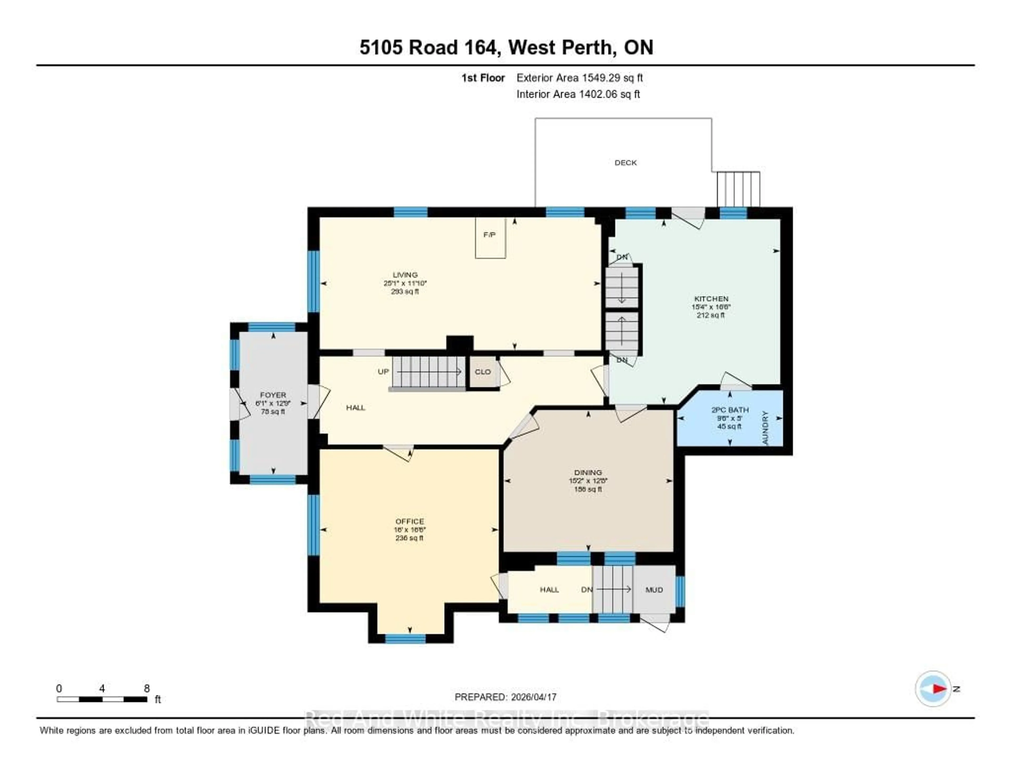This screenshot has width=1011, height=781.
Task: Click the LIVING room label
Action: [405, 275]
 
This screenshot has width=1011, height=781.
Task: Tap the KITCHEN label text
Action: [711, 299]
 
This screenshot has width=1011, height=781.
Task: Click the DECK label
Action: [625, 162]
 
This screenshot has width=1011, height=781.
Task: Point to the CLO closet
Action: [483, 372]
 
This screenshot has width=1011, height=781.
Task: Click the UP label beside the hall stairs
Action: [383, 372]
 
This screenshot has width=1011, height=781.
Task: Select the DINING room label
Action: [588, 472]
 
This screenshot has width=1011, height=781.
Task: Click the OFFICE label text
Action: [410, 521]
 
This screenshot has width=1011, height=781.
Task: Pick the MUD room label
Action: [654, 590]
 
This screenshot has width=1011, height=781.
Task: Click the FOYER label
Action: [273, 395]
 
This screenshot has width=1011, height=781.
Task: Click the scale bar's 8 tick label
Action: [147, 688]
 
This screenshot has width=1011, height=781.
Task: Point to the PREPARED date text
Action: [505, 697]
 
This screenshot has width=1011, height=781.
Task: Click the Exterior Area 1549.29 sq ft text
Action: [579, 78]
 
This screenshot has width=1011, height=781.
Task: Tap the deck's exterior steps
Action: [738, 189]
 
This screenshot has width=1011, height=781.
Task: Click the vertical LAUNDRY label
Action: [765, 428]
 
